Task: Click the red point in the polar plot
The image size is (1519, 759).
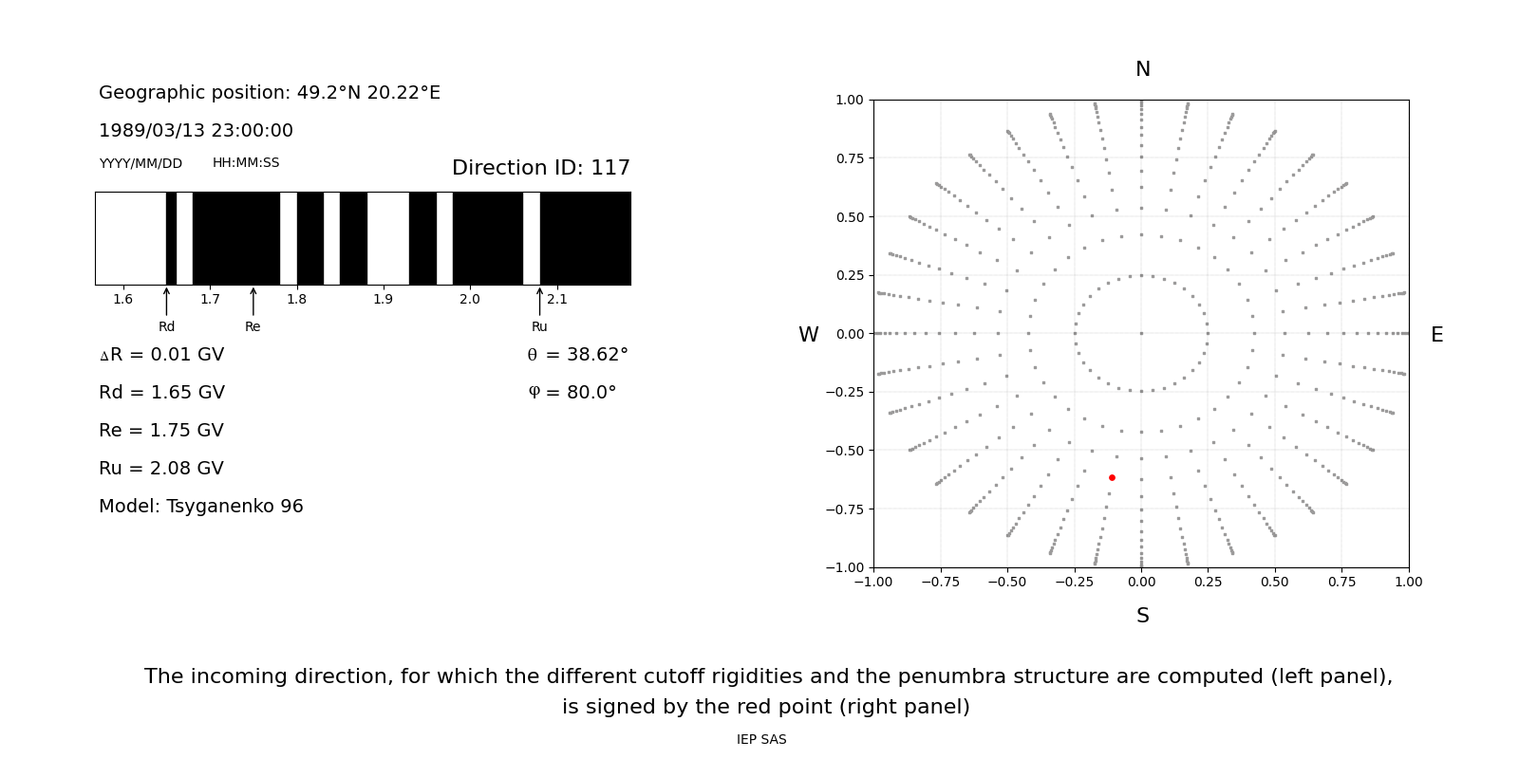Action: point(1112,477)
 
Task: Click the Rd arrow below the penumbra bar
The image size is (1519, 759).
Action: point(166,302)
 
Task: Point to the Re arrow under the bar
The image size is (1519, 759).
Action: point(253,302)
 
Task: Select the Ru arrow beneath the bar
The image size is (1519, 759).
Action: point(539,302)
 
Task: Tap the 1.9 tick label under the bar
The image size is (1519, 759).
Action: point(383,300)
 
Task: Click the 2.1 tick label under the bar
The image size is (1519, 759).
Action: point(556,300)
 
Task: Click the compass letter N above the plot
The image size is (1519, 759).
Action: point(1142,69)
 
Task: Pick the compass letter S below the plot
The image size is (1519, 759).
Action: point(1142,616)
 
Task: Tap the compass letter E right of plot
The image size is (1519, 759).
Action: point(1436,335)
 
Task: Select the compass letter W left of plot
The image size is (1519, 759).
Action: point(808,335)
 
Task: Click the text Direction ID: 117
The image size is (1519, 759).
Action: point(540,168)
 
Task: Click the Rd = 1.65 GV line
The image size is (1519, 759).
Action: point(161,393)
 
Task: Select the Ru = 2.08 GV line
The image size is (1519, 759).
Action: point(161,469)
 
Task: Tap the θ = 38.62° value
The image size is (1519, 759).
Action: point(577,355)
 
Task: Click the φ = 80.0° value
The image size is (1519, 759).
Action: point(572,393)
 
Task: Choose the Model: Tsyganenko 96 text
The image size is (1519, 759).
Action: point(201,507)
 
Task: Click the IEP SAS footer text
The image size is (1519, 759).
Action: point(761,740)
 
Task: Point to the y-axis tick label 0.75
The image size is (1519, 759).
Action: point(849,158)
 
